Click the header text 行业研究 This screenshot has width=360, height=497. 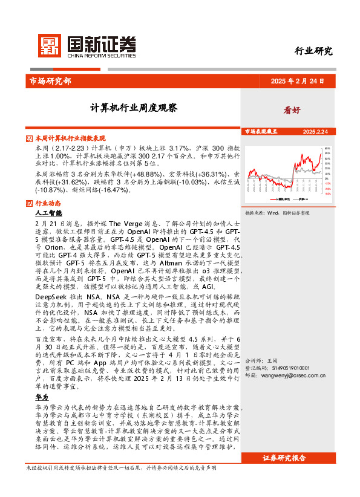click(x=313, y=51)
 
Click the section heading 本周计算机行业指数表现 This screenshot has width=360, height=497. click(x=70, y=138)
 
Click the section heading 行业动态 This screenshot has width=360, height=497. click(x=48, y=203)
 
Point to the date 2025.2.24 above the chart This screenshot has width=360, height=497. click(x=315, y=131)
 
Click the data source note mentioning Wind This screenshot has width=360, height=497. click(x=277, y=213)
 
